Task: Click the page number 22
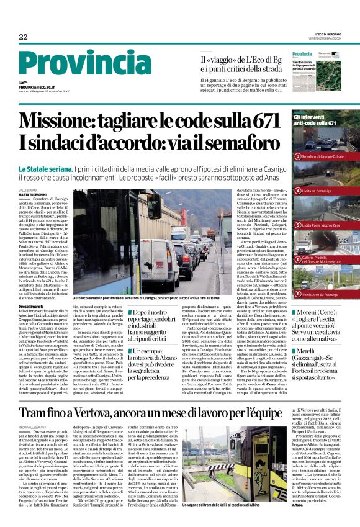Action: [23, 37]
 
